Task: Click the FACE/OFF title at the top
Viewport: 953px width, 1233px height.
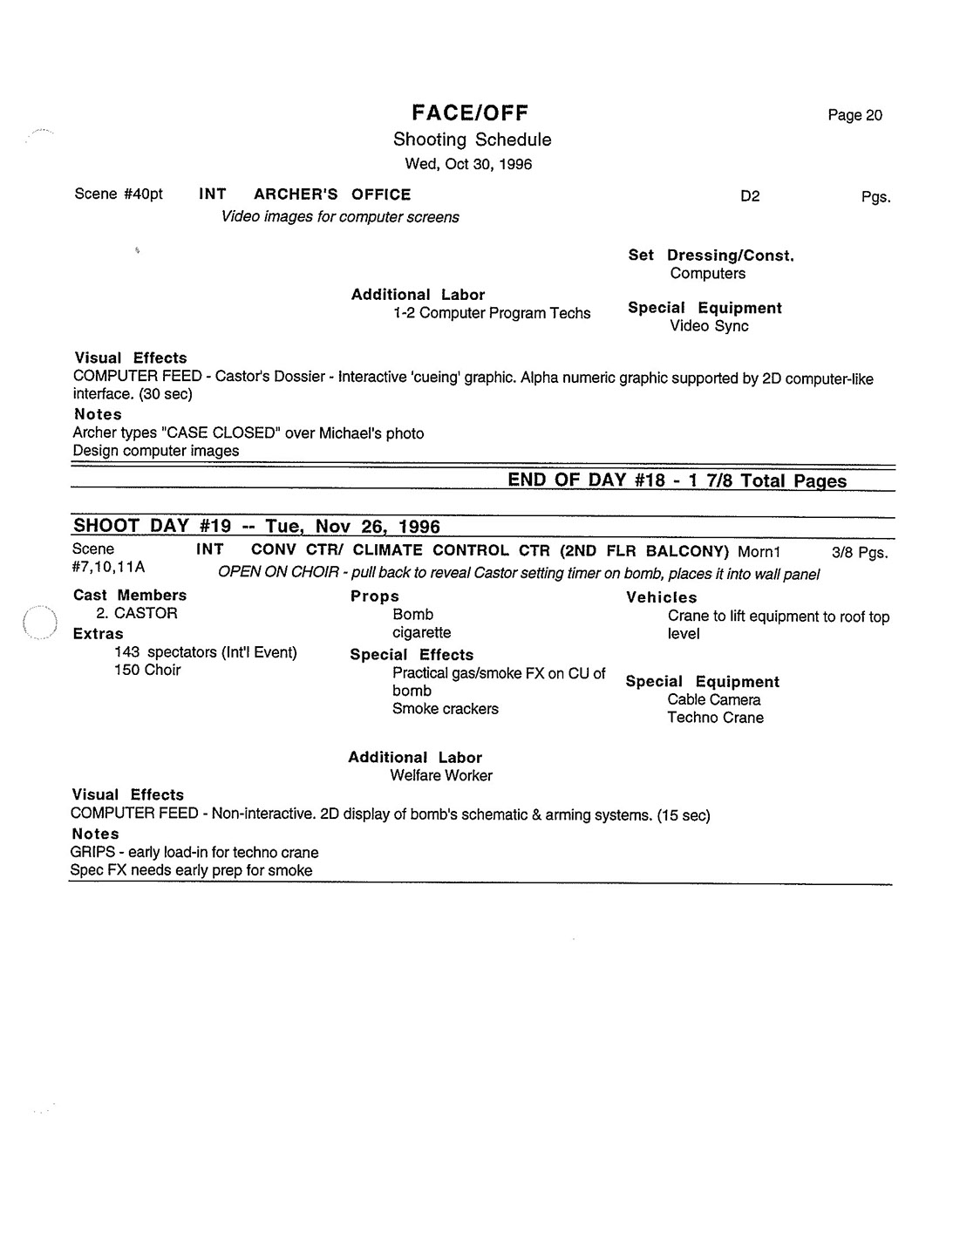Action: (470, 113)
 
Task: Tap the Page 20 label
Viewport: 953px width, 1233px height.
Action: (854, 115)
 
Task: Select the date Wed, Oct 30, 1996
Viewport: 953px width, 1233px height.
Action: (468, 164)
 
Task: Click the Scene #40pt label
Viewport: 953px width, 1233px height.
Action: (119, 194)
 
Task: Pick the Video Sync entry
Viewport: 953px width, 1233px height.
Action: (709, 326)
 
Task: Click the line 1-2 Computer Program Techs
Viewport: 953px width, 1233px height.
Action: (492, 313)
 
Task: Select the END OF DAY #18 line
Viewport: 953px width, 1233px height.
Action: (677, 480)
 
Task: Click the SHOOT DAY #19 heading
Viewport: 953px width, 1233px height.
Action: (256, 526)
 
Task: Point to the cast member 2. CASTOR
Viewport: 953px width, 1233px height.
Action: (137, 613)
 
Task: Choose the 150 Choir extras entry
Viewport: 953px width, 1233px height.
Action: (147, 670)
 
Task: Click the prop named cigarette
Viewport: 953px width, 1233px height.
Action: (421, 632)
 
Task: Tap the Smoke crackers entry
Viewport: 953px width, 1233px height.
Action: (446, 709)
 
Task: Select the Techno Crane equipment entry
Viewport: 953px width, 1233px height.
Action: (715, 718)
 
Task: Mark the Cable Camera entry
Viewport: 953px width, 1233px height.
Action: (714, 699)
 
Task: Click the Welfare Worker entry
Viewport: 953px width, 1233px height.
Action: (441, 775)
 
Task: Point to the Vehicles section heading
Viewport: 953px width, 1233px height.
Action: (662, 597)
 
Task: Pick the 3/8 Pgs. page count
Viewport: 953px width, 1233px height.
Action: (860, 553)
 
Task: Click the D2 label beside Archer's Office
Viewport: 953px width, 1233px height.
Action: (750, 196)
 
